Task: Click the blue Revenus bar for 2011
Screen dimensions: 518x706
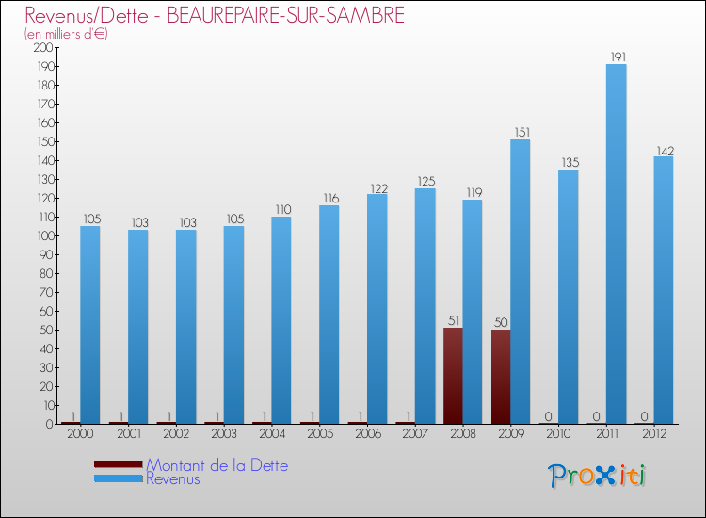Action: (x=616, y=245)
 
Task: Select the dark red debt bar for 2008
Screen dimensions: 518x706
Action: (x=453, y=376)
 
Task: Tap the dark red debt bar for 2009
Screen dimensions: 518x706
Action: (x=501, y=377)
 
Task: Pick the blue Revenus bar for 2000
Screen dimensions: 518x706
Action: (x=89, y=325)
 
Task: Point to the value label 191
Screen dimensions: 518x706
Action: (x=616, y=57)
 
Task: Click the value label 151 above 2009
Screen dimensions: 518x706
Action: (x=521, y=132)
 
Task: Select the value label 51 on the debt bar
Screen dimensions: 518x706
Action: (x=453, y=320)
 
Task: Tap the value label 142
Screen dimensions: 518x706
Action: (x=664, y=150)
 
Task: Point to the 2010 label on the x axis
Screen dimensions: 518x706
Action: (x=557, y=434)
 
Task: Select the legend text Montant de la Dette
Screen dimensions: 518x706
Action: (x=217, y=465)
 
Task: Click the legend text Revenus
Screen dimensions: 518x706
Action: (x=173, y=478)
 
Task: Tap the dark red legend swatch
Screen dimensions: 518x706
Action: (x=119, y=463)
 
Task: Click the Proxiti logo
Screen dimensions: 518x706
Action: (x=598, y=476)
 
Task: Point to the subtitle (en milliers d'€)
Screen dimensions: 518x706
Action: (x=66, y=34)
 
